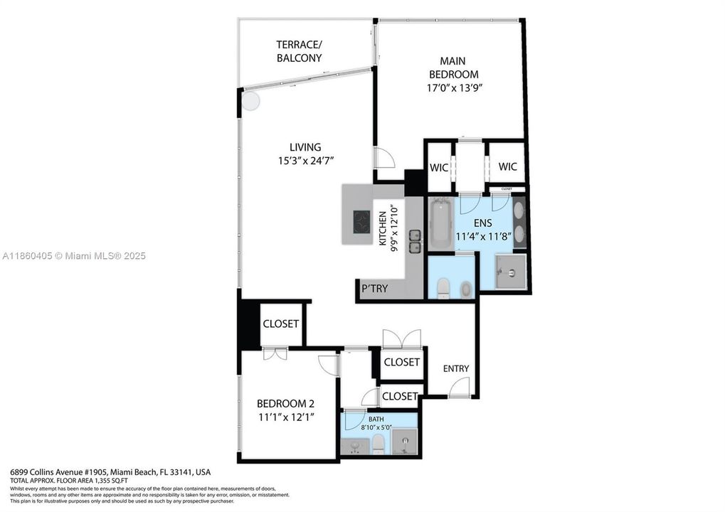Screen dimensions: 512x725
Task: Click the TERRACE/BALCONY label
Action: [299, 51]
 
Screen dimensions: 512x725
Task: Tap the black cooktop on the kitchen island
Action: [362, 222]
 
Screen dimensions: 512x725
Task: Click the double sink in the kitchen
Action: [415, 241]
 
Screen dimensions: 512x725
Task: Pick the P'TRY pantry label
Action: [374, 289]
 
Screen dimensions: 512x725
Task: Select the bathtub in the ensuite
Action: [440, 225]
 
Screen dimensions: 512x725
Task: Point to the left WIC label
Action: [438, 167]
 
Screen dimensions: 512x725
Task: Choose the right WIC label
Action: [507, 166]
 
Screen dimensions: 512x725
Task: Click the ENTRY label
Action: [455, 368]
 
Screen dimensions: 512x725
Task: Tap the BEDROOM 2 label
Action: [285, 402]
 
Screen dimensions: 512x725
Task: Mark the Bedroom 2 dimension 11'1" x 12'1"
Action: [285, 416]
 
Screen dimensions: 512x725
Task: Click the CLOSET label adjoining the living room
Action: [280, 324]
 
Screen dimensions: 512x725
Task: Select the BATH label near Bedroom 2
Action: [376, 420]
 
